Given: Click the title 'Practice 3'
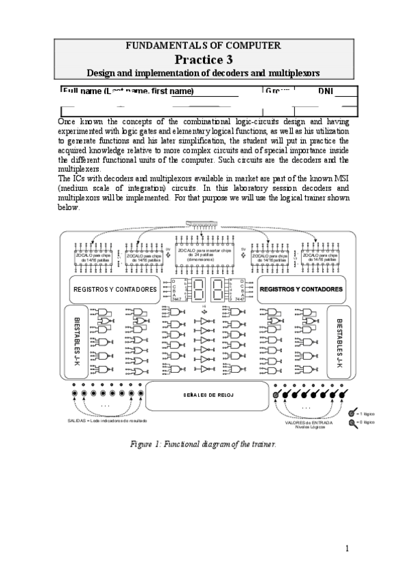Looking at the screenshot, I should tap(203, 59).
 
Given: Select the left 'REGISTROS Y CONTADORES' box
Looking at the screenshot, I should tap(114, 289).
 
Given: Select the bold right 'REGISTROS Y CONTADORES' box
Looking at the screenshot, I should tap(302, 289).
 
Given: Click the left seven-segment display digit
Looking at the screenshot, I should tap(198, 289).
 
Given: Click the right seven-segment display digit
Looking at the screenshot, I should tap(218, 289).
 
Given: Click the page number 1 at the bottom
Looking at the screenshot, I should tap(347, 548).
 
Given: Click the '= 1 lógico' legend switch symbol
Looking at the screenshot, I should tap(351, 413).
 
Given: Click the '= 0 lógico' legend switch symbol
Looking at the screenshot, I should tap(351, 422).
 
